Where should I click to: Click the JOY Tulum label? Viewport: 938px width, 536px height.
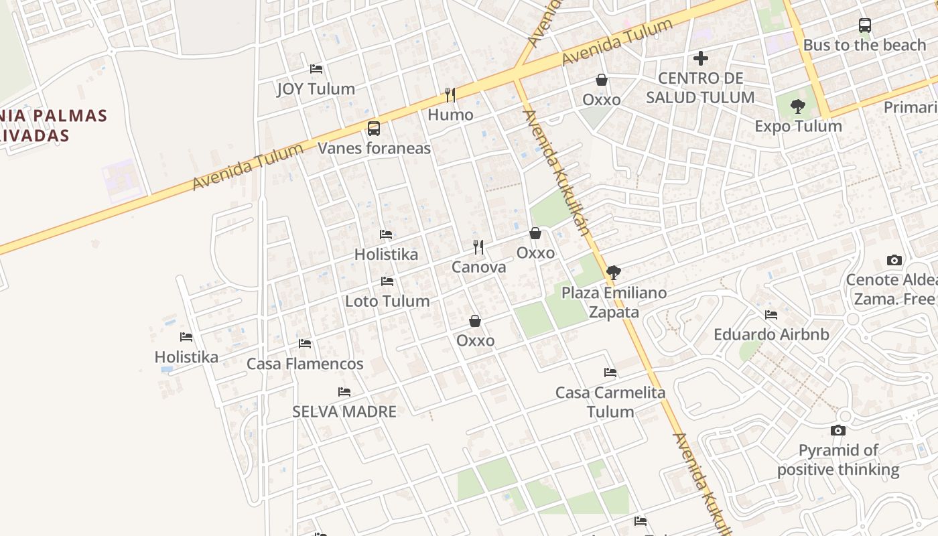(316, 88)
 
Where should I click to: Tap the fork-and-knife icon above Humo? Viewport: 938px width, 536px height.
(450, 95)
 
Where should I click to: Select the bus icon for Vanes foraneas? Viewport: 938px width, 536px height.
(374, 129)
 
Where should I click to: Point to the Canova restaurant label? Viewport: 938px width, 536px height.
(478, 267)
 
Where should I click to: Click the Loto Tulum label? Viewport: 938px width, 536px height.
(387, 301)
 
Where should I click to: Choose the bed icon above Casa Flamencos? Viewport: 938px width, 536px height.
(305, 344)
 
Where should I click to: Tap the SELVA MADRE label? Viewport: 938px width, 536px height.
(344, 411)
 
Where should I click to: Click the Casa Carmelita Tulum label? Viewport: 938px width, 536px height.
(610, 401)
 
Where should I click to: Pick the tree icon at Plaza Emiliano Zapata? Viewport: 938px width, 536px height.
(613, 273)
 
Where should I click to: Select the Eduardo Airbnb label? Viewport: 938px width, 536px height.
(771, 334)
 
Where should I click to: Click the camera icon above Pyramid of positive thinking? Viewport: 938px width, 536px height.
(838, 431)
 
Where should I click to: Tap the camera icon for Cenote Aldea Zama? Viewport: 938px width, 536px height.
(894, 261)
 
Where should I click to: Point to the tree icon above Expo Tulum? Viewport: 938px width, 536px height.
(797, 107)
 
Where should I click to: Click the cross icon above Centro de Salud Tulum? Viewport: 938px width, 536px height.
(701, 59)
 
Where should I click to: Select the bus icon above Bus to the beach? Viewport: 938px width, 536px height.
(865, 26)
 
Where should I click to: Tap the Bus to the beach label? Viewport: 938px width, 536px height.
(864, 45)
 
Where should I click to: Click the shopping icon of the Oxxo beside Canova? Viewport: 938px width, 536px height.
(535, 233)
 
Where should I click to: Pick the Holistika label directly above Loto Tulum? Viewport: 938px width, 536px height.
(386, 254)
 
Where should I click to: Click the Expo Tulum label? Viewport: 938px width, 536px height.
(798, 126)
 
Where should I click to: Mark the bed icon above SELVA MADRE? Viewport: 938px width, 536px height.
(344, 392)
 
